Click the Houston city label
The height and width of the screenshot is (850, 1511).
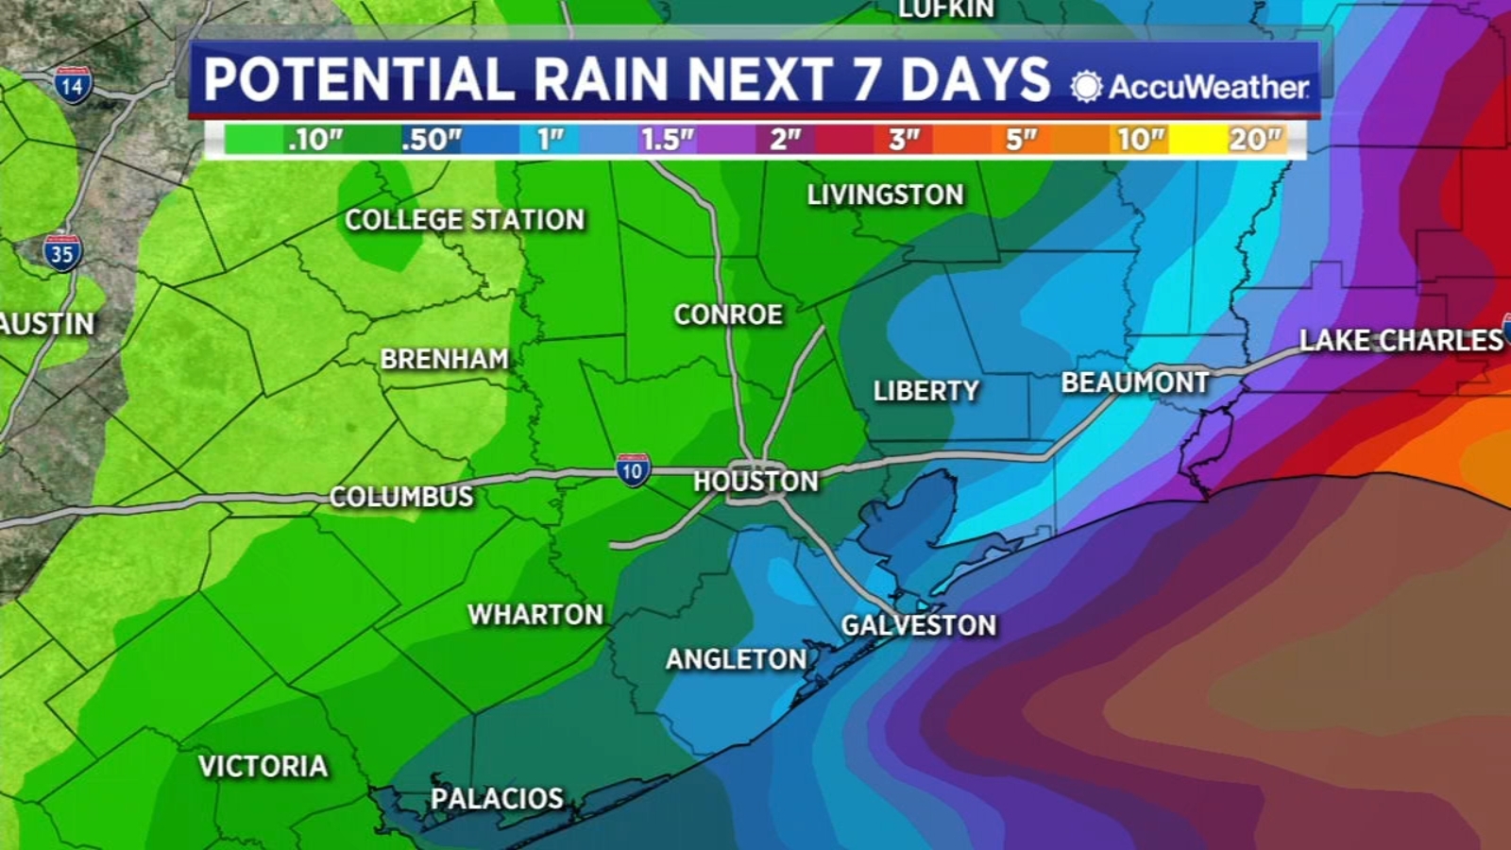pos(755,482)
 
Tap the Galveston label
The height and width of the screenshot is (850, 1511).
pos(918,625)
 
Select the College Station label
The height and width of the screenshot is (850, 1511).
pos(465,220)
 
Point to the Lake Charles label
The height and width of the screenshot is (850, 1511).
pos(1401,340)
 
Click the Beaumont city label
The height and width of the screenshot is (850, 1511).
pos(1135,382)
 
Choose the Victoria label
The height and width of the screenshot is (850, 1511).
pos(263,766)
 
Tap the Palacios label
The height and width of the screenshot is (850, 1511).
pos(497,799)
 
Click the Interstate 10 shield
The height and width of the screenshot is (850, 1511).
pos(632,469)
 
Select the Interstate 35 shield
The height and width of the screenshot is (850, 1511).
pos(62,253)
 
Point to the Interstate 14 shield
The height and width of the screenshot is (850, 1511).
pos(73,86)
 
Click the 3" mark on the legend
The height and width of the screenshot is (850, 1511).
pos(904,140)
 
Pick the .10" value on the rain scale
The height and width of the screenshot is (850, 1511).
pos(314,140)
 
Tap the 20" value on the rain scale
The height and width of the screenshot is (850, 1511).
pos(1254,140)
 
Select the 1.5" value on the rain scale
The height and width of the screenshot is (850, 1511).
pos(667,140)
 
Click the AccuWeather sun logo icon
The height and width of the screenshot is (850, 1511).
pos(1086,87)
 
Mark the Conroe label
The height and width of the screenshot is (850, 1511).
pos(728,314)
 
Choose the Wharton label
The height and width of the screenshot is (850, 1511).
pos(535,615)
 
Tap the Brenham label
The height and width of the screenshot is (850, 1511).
pos(444,359)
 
